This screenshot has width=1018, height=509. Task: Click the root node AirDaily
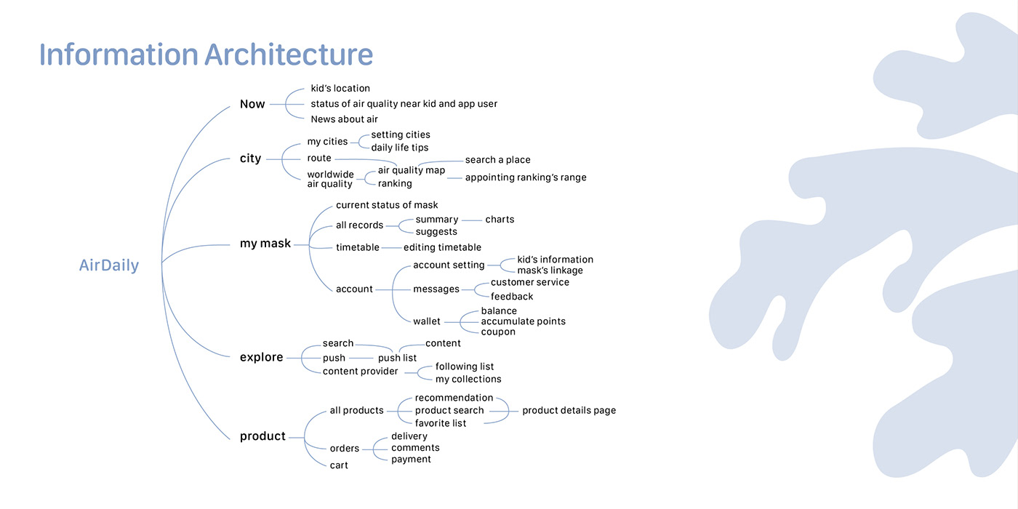109,266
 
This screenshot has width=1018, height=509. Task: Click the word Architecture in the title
289,55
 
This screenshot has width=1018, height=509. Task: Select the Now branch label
252,104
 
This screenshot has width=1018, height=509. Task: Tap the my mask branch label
265,244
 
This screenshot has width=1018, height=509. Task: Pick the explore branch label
261,357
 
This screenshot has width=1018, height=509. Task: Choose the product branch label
262,436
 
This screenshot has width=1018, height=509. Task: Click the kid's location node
340,89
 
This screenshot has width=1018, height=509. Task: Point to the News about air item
344,119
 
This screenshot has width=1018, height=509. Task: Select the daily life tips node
399,148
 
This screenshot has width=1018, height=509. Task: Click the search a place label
497,160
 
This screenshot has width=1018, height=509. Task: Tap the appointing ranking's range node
525,177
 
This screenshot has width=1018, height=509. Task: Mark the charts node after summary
500,220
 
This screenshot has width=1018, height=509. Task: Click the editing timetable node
442,247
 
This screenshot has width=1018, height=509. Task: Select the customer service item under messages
529,282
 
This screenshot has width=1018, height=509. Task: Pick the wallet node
427,321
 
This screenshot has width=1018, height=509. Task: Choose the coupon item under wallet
498,332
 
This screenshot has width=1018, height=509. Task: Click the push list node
397,358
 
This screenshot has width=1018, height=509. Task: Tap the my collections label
468,379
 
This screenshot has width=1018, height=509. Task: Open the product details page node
569,411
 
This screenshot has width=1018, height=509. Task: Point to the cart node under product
339,465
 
